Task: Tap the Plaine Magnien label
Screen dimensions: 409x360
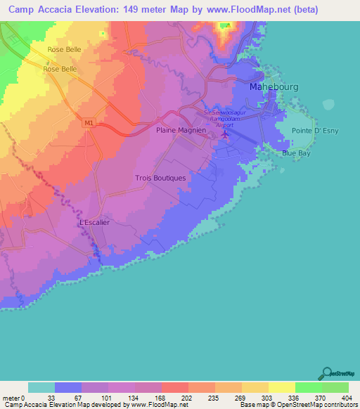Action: point(180,130)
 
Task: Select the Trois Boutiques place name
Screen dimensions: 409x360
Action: point(160,178)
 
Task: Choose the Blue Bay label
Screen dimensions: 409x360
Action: point(295,152)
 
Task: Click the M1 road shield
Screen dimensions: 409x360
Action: point(88,123)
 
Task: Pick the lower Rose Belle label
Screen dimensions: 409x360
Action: point(60,69)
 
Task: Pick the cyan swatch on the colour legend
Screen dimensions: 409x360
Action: point(41,387)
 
